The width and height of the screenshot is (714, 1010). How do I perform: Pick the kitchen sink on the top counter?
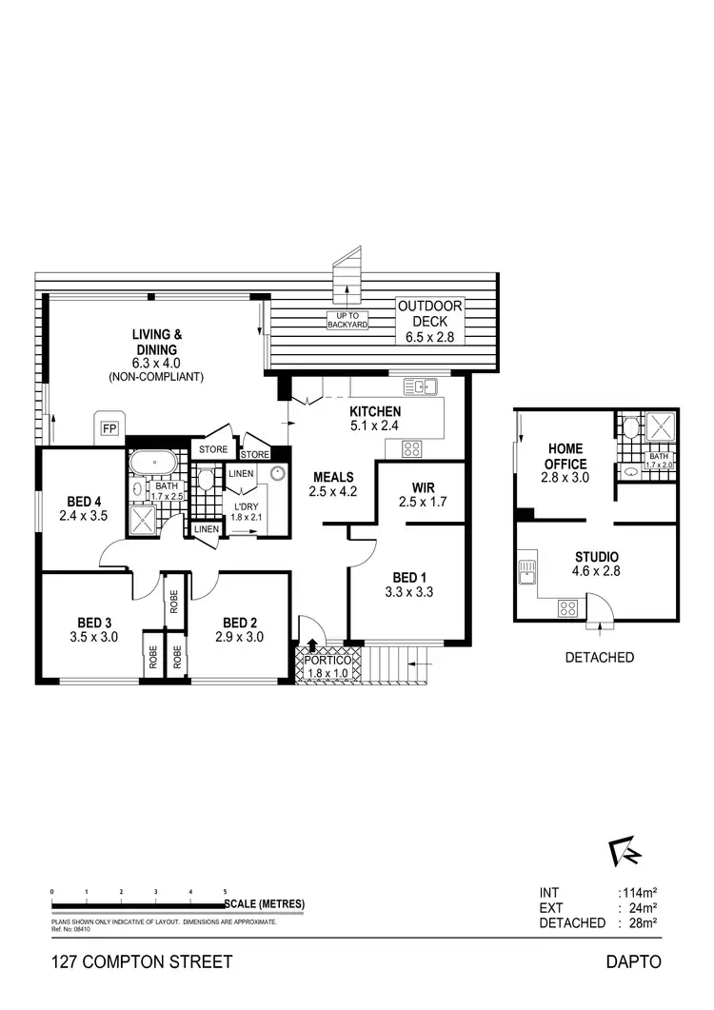(x=420, y=386)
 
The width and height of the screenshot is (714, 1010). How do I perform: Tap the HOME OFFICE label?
(x=565, y=456)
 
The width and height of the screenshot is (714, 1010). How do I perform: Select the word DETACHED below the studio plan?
(x=600, y=657)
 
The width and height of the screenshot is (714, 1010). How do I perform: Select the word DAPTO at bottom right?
(x=633, y=962)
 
